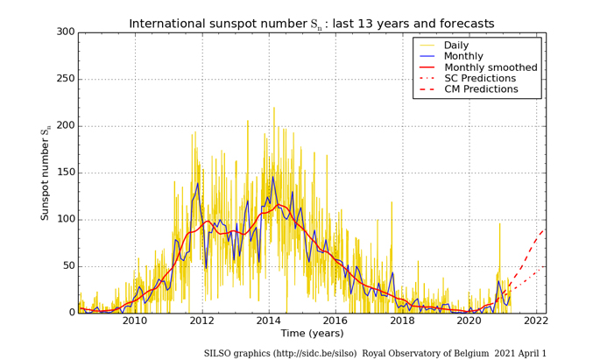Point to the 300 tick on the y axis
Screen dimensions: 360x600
click(65, 32)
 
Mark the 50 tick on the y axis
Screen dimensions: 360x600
click(68, 266)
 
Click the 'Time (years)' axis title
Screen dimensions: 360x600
click(311, 334)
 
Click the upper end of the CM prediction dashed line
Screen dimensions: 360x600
click(543, 229)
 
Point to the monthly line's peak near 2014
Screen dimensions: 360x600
click(272, 177)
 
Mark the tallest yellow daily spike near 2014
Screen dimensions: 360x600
click(274, 108)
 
